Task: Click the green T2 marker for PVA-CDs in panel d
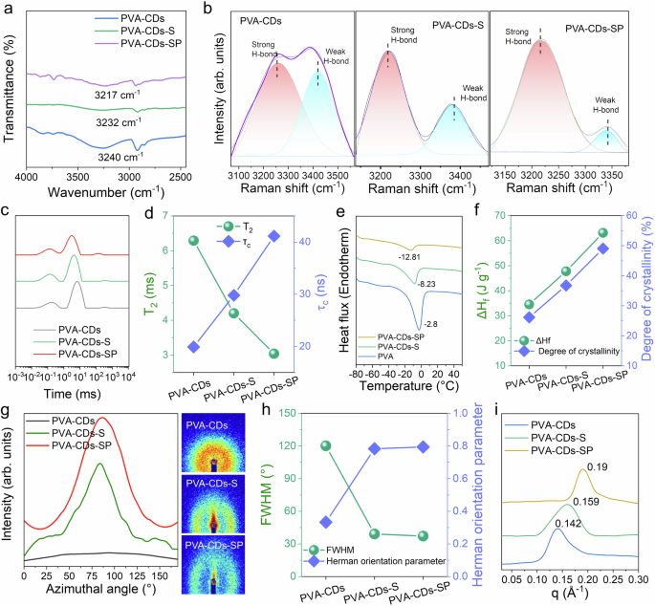click(x=193, y=241)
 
